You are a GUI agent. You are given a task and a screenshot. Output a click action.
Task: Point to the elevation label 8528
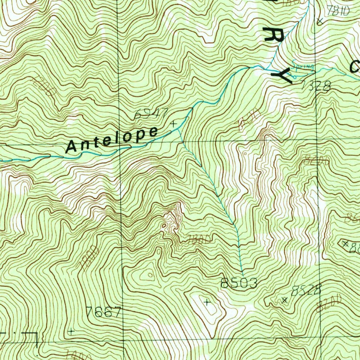(x=307, y=290)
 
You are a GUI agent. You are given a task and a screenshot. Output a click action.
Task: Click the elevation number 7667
(x=104, y=312)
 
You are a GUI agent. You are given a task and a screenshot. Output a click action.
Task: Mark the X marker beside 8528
(x=285, y=300)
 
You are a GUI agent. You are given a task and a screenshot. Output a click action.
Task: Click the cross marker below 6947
(x=173, y=124)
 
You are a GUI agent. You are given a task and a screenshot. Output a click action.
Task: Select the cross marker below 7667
(x=71, y=331)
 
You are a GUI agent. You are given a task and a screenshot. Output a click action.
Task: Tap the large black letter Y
(x=282, y=76)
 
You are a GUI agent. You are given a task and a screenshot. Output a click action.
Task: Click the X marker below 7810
(x=320, y=21)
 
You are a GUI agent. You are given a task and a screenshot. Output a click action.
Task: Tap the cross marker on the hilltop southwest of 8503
(x=207, y=302)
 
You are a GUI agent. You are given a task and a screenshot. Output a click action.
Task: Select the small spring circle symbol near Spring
(x=295, y=75)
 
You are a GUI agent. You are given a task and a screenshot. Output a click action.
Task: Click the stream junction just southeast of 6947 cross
(x=178, y=130)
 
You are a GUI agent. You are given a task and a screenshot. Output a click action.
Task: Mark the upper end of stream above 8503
(x=243, y=274)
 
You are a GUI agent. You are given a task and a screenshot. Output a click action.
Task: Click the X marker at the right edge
(x=345, y=243)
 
